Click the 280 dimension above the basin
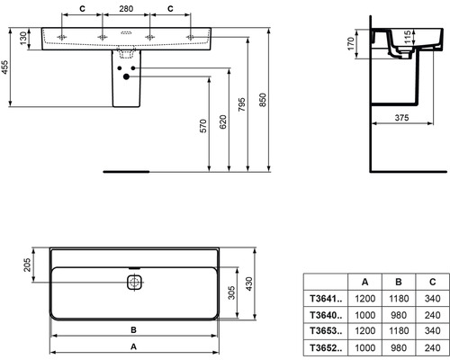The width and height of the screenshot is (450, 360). tap(126, 9)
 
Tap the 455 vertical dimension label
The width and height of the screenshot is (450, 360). tap(5, 67)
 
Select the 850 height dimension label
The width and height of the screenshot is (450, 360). tap(263, 100)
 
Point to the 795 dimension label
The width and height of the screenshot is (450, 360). tap(242, 104)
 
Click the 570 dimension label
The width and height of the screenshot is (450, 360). tap(203, 126)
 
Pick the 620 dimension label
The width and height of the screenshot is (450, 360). tap(223, 121)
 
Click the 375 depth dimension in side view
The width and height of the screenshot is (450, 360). tap(401, 118)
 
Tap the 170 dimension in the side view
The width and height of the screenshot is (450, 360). tap(351, 44)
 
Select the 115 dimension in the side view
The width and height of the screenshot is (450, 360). tap(407, 37)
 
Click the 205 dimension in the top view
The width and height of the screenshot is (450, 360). tap(27, 265)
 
